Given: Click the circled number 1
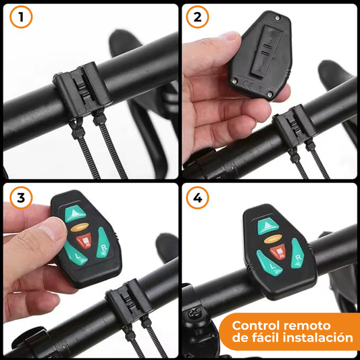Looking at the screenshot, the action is coord(21,17).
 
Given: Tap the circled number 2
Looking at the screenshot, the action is coord(197,17).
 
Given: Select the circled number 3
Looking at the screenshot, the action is coord(21,198).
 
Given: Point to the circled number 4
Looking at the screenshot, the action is coord(197,198).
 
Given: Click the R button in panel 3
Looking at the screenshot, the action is coord(103,243).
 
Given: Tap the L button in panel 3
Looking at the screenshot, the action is coord(76,254).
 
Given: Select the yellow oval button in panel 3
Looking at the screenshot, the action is coord(80,227).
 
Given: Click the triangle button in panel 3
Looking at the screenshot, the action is coord(75,213).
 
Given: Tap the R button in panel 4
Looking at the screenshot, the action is coord(297,254).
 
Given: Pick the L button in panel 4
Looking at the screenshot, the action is coord(269,263).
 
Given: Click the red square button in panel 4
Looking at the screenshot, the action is coord(278,252).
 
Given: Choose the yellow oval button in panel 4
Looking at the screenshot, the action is coord(273,239).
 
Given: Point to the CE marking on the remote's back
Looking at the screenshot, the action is coord(248,86).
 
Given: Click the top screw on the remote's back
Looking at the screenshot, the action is coord(278,18).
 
